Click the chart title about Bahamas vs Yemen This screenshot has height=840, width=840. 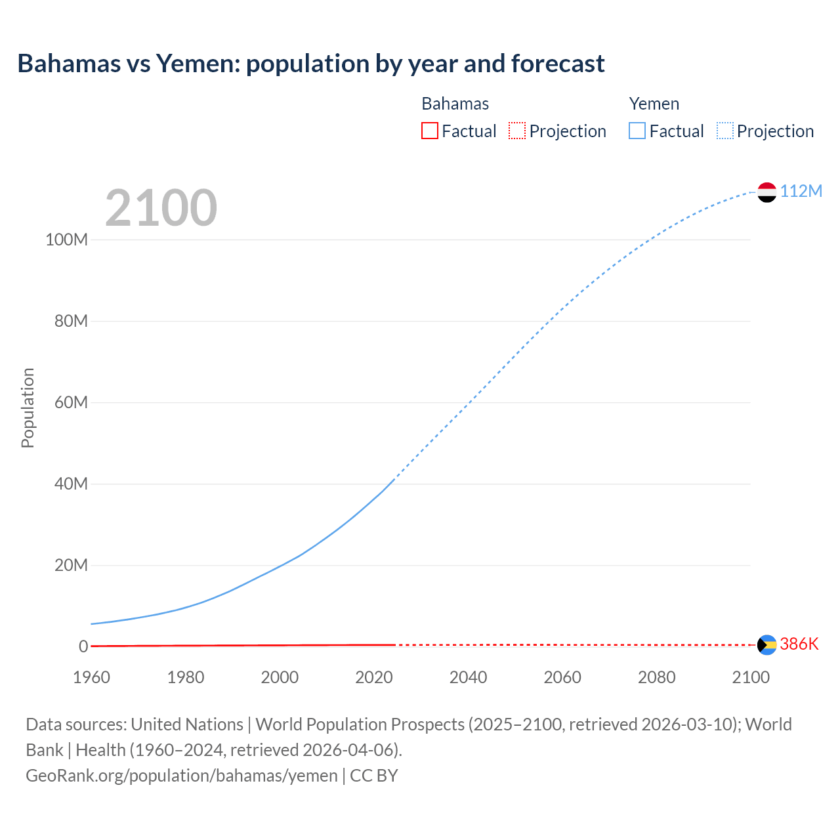[x=311, y=64]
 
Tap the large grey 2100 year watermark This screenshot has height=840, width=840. [x=161, y=207]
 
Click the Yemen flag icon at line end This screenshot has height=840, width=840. [x=766, y=192]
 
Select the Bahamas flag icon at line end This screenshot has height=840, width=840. [x=766, y=644]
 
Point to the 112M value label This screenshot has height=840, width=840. [x=801, y=191]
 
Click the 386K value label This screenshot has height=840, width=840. [x=799, y=644]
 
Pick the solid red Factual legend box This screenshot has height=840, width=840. [x=430, y=131]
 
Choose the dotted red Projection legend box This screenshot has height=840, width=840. [x=517, y=131]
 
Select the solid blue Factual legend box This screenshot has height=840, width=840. [x=637, y=131]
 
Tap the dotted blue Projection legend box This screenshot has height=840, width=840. [x=725, y=131]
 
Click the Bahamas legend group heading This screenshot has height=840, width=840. [x=455, y=104]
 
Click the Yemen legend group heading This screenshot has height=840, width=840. [x=654, y=104]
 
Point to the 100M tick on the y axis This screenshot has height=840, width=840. [x=66, y=240]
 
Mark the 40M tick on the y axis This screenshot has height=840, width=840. [x=71, y=484]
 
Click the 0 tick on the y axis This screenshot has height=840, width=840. [x=83, y=646]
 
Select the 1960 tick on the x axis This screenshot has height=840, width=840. [x=91, y=677]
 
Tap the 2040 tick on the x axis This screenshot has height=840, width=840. [x=468, y=677]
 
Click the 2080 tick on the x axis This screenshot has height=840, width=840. [x=656, y=677]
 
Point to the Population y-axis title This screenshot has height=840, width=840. [x=28, y=408]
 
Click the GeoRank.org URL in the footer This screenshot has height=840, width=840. [x=182, y=776]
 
